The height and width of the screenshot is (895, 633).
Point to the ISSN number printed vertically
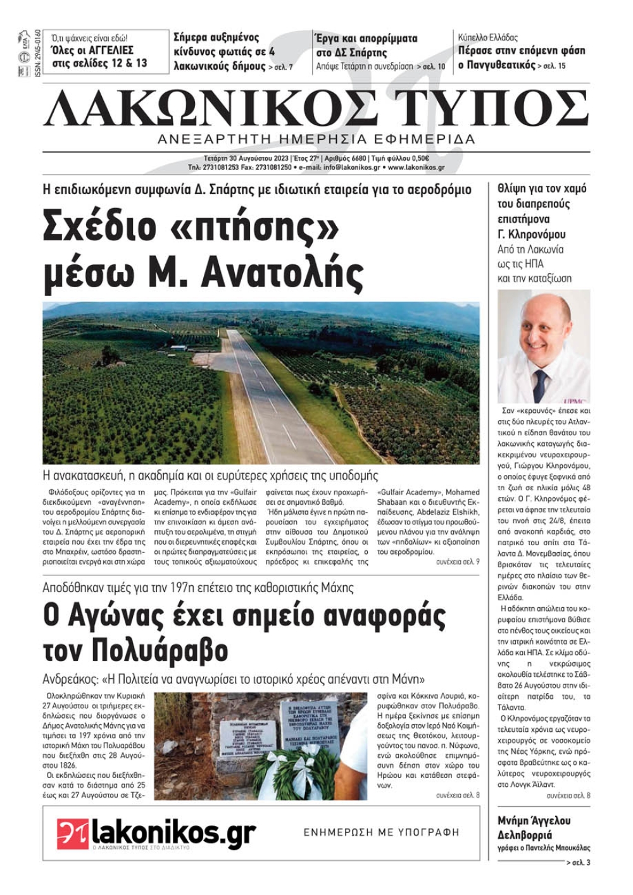(x=37, y=54)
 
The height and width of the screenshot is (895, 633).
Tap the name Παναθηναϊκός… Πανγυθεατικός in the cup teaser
(x=496, y=65)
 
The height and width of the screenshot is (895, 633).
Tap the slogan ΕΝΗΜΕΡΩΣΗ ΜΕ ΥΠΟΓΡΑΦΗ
(x=381, y=832)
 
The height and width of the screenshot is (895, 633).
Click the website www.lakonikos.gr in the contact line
(x=416, y=168)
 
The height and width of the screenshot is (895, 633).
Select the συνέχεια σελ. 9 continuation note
(x=457, y=562)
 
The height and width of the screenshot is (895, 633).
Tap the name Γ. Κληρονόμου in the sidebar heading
(x=532, y=235)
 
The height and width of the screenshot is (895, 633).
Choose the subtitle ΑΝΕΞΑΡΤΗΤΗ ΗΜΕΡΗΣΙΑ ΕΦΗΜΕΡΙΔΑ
(x=316, y=139)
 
